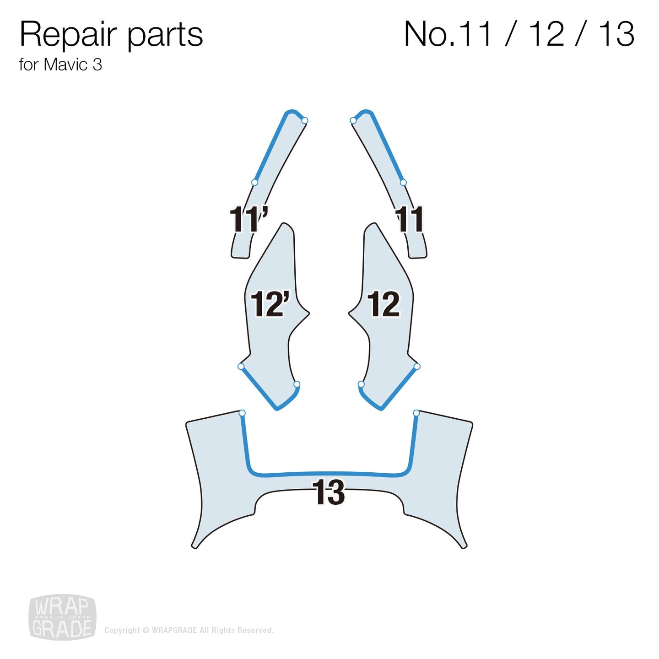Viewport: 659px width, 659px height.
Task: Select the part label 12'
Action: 270,304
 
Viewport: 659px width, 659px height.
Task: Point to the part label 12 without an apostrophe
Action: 384,304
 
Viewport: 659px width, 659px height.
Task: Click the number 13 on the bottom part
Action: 329,492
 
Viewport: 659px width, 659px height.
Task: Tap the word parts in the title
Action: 165,36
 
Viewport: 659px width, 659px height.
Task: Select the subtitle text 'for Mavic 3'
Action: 60,65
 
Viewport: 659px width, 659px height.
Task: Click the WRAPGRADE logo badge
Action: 62,617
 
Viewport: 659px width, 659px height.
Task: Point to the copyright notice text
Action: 189,630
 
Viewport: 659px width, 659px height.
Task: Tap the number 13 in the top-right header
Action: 616,34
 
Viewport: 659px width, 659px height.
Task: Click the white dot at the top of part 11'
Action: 305,120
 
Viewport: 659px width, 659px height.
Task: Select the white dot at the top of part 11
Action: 353,120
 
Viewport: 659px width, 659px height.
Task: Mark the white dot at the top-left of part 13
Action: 242,413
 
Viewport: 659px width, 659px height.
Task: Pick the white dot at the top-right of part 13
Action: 416,413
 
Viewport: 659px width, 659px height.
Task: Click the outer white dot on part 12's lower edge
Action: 416,367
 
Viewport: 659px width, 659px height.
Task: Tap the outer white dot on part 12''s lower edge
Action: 241,367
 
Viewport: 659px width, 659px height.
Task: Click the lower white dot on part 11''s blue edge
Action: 255,183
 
